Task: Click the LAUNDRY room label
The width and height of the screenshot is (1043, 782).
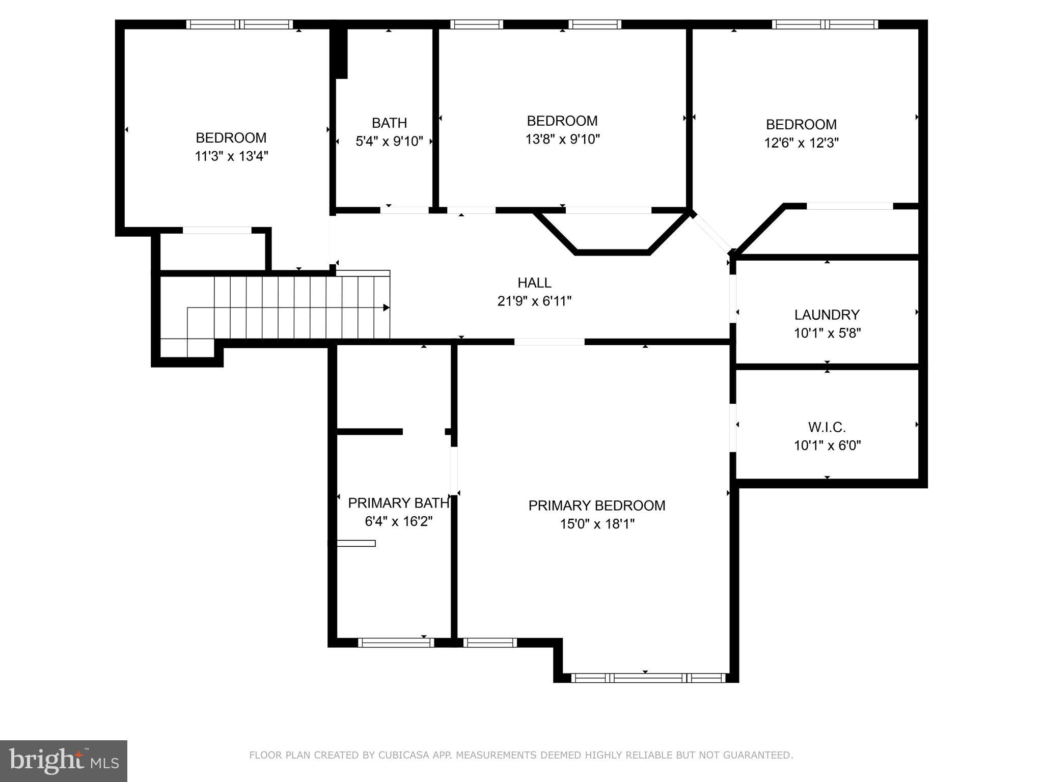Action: click(x=827, y=315)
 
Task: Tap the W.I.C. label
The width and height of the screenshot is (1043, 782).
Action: click(x=827, y=427)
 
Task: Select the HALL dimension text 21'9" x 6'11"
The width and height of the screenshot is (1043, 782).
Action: click(x=534, y=301)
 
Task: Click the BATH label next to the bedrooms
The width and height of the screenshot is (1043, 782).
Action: click(x=389, y=123)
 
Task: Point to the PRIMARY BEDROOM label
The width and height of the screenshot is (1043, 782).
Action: click(x=596, y=506)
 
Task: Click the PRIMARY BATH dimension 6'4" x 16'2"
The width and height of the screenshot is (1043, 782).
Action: click(x=398, y=521)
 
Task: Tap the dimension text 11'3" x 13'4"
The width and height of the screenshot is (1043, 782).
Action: click(x=231, y=156)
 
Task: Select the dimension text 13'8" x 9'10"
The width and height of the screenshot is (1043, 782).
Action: click(x=562, y=139)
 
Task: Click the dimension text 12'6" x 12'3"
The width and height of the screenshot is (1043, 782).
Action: click(x=801, y=143)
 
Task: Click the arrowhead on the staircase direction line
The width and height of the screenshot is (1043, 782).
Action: click(x=386, y=308)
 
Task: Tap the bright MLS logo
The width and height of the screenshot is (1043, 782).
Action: click(x=63, y=761)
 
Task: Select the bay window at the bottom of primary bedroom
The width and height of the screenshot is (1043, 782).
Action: click(x=648, y=678)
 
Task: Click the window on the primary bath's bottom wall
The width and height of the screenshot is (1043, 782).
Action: click(x=396, y=643)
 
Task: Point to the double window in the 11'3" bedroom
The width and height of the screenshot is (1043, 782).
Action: click(x=239, y=24)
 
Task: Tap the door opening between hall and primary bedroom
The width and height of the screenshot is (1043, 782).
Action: click(x=549, y=342)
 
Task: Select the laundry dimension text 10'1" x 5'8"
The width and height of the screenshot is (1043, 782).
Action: click(x=827, y=333)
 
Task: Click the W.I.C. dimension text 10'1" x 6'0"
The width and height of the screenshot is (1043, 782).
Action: click(x=827, y=445)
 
